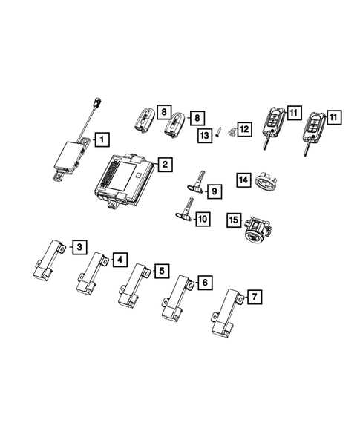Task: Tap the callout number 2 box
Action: tap(165, 165)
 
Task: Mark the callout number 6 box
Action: tap(205, 283)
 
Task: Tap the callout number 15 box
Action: tap(234, 220)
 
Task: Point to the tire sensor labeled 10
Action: tap(182, 213)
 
